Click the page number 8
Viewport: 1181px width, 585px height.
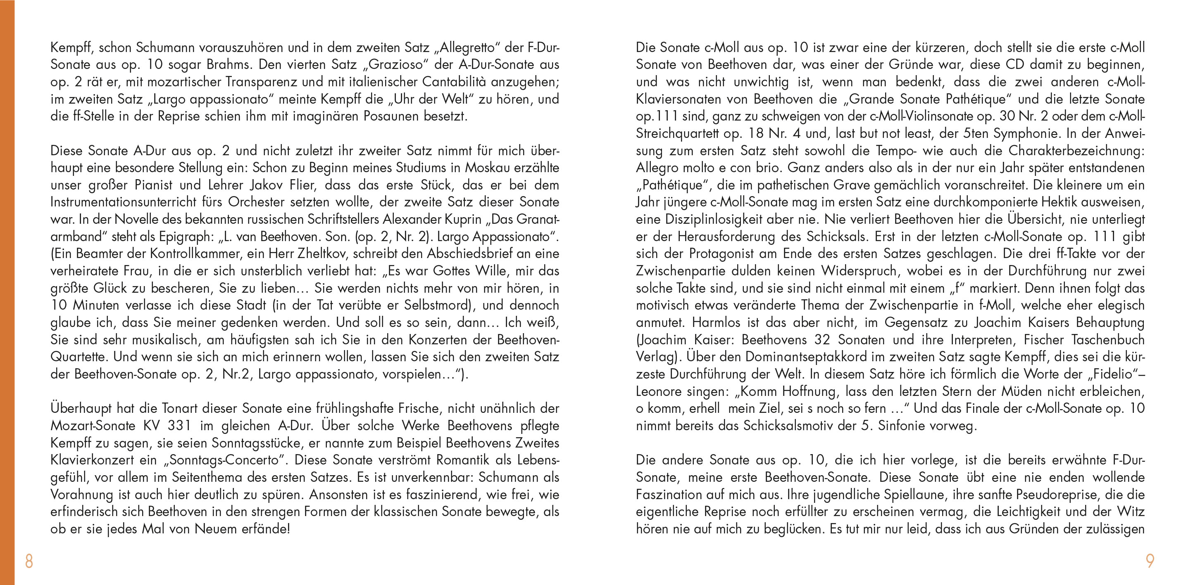pos(29,561)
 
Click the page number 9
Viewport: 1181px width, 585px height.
pos(1150,561)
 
